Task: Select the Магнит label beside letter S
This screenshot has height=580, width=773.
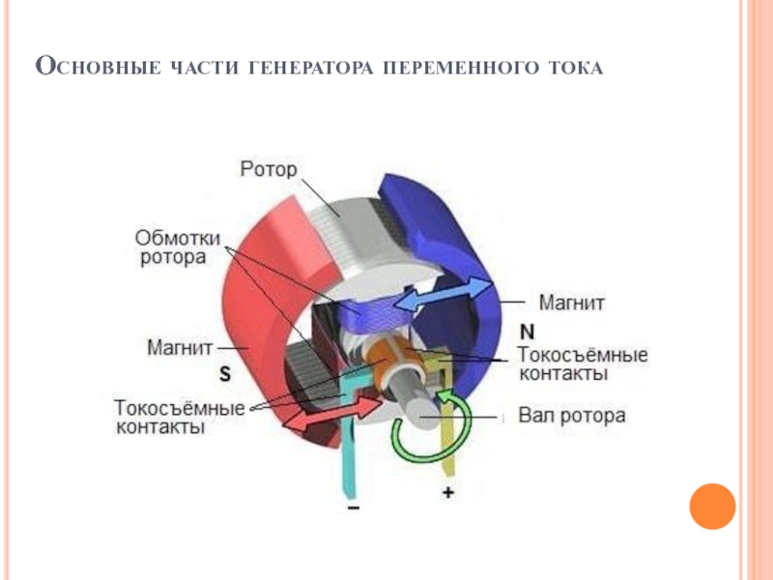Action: pos(180,345)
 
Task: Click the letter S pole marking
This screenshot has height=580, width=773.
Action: pos(224,371)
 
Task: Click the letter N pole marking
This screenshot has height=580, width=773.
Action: pos(528,329)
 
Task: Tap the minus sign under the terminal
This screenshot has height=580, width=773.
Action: pos(354,504)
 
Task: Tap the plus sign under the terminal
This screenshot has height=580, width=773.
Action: pos(447,493)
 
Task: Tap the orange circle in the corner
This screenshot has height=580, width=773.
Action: pos(713,505)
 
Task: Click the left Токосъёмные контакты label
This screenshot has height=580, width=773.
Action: pos(179,417)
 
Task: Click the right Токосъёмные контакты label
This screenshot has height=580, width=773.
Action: pos(584,364)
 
